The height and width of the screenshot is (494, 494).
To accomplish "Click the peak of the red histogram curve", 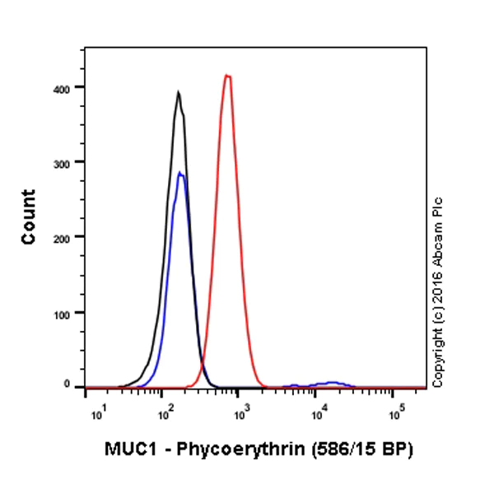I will pos(227,76).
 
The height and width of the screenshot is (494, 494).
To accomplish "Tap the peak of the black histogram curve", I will pos(178,92).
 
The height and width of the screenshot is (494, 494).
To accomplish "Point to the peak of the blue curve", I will pos(180,172).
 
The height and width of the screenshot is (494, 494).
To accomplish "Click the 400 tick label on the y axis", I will pos(72,86).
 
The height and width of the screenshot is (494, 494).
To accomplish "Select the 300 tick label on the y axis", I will pos(72,161).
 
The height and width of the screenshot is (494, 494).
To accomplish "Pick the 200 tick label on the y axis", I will pos(72,236).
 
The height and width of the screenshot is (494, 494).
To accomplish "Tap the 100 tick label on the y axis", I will pos(72,312).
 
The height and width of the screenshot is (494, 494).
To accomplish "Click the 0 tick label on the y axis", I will pos(77,384).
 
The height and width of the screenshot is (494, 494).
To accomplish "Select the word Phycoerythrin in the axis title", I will pos(225,450).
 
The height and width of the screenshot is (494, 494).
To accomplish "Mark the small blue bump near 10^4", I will pos(332,383).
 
